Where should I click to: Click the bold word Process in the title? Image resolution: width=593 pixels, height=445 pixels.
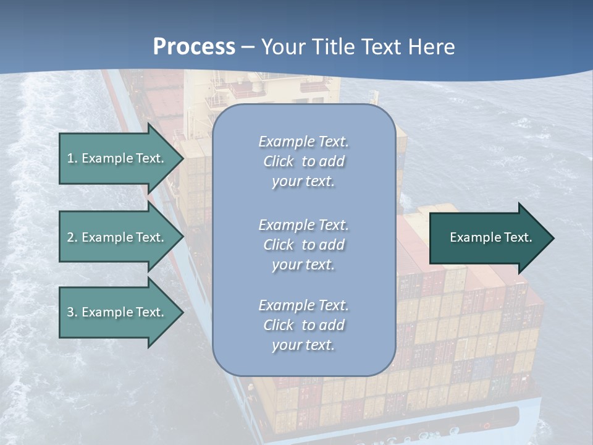pos(194,46)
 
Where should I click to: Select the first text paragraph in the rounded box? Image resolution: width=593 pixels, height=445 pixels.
pos(303,161)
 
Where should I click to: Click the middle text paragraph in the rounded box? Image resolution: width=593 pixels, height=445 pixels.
pos(303,245)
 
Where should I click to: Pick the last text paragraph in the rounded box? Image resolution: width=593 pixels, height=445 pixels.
pos(303,325)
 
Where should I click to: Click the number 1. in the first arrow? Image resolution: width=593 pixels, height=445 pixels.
pos(72,158)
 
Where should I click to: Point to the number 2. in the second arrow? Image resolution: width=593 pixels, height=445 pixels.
pos(72,237)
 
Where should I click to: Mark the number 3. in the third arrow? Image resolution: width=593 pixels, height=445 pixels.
pos(72,312)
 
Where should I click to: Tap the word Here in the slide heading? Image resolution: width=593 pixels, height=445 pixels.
pos(431,46)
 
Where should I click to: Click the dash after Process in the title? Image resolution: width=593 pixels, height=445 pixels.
pos(248,48)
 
